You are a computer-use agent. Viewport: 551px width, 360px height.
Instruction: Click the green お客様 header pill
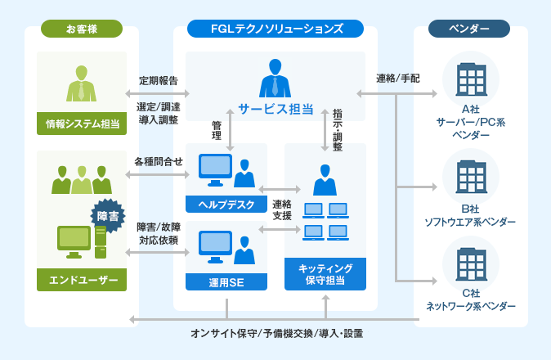pyautogui.click(x=82, y=29)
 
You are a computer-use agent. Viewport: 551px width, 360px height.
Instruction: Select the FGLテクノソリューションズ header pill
pyautogui.click(x=275, y=29)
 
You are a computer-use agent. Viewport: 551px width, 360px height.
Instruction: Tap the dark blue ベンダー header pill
pyautogui.click(x=469, y=29)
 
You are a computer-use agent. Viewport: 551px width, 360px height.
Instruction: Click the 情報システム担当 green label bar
pyautogui.click(x=82, y=124)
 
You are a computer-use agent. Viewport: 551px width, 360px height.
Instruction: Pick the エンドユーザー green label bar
pyautogui.click(x=82, y=280)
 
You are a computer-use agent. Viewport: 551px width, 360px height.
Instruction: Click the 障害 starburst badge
pyautogui.click(x=107, y=217)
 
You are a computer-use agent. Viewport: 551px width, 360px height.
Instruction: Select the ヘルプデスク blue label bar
pyautogui.click(x=226, y=203)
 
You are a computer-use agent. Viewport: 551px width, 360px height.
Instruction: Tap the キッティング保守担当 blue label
pyautogui.click(x=325, y=274)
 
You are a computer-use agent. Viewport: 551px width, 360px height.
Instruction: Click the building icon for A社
pyautogui.click(x=470, y=79)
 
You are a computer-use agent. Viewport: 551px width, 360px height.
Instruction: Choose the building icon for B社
pyautogui.click(x=470, y=177)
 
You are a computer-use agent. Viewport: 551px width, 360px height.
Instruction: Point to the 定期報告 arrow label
pyautogui.click(x=159, y=80)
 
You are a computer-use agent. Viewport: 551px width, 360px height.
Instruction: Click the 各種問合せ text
pyautogui.click(x=159, y=161)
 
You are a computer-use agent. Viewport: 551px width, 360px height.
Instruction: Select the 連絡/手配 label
pyautogui.click(x=397, y=79)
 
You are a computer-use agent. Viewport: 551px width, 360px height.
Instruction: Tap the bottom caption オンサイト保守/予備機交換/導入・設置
pyautogui.click(x=276, y=333)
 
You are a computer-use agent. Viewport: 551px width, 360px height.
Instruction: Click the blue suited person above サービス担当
pyautogui.click(x=275, y=78)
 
